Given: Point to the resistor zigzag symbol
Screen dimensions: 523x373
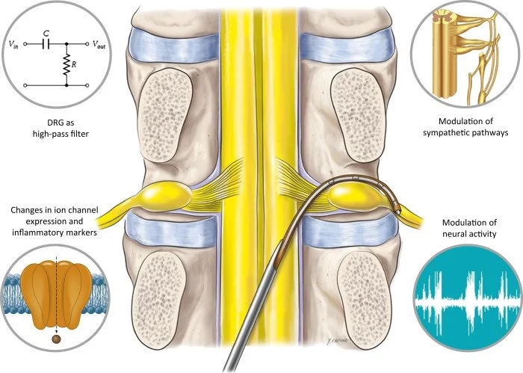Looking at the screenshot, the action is coord(67,65).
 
